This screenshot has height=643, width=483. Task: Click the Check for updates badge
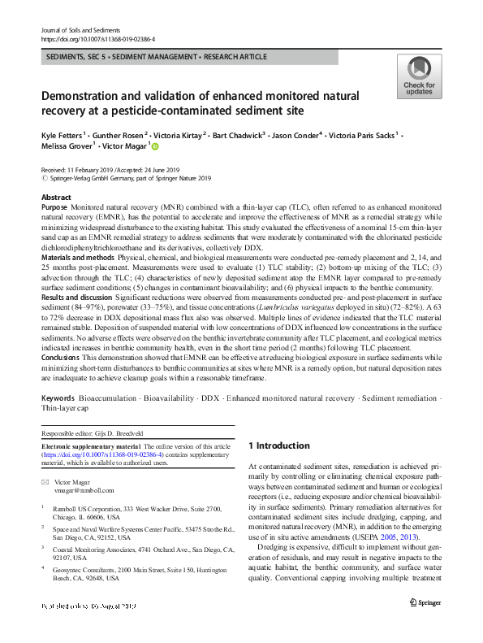[x=419, y=77]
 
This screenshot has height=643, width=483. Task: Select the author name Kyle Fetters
[x=63, y=134]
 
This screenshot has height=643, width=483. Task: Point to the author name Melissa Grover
[x=66, y=146]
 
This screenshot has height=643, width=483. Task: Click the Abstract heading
[x=55, y=198]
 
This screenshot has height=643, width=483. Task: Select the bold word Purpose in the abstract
[x=56, y=209]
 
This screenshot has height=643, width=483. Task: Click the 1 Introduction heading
[x=278, y=445]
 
